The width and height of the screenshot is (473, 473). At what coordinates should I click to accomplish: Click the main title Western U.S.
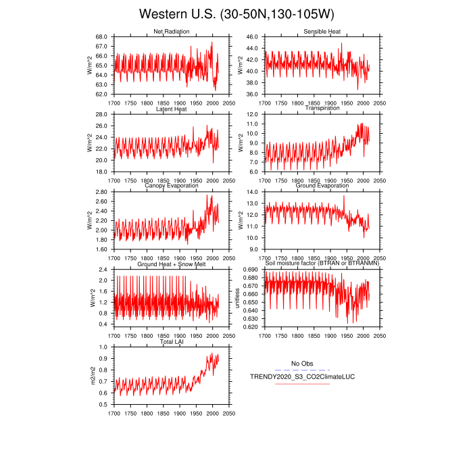236,14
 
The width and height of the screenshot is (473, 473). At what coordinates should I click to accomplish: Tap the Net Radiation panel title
172,32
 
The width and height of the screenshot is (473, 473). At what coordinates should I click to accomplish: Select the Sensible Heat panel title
322,32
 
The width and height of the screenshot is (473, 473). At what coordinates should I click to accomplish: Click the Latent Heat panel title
172,109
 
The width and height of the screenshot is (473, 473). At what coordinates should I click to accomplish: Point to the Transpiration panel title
322,109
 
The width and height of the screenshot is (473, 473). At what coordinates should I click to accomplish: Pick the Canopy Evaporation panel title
172,186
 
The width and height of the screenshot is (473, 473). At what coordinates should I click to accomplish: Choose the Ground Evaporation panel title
322,186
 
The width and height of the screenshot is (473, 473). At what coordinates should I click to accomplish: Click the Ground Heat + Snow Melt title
172,264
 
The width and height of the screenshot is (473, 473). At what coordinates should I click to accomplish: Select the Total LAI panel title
172,342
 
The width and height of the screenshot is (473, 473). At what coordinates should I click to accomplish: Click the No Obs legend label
302,364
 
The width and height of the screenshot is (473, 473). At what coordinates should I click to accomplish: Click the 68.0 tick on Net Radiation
101,36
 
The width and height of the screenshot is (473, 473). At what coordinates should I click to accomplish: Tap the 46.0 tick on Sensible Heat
251,36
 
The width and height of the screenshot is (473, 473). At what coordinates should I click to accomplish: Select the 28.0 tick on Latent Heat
101,114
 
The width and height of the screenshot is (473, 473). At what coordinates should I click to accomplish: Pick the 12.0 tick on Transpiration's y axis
251,114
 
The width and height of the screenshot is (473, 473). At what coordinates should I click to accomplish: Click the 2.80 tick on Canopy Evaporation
101,192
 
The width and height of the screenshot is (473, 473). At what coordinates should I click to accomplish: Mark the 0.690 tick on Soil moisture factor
250,270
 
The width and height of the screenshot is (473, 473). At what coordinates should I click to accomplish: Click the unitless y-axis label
238,298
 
